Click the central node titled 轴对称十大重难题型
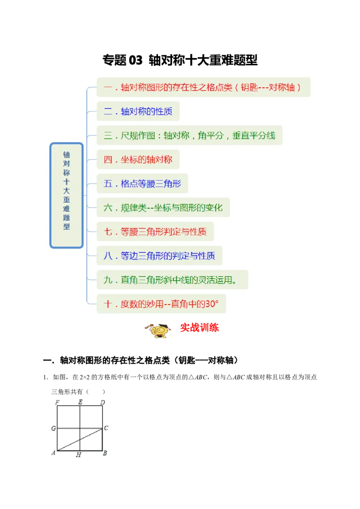point(67,196)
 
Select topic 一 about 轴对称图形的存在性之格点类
point(203,87)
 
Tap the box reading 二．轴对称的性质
point(138,111)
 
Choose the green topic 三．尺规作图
point(189,135)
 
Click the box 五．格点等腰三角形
point(142,183)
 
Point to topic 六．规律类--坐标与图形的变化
point(163,208)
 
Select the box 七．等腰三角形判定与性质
point(155,232)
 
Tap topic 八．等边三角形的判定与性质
point(159,256)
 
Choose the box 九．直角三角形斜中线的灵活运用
point(172,280)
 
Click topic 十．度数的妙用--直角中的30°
point(161,304)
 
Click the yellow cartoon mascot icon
point(158,331)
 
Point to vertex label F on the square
point(57,402)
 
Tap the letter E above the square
point(80,402)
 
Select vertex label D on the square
point(103,402)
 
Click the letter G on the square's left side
point(54,429)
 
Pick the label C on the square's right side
point(106,428)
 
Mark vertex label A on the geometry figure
point(54,453)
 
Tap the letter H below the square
point(79,455)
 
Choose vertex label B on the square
point(105,453)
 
